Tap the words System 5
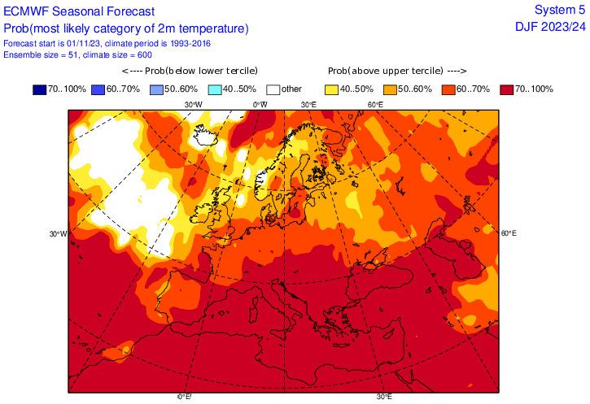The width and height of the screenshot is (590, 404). click(x=559, y=10)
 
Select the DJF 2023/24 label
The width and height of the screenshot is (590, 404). click(x=550, y=28)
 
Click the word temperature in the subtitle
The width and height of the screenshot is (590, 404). click(x=210, y=28)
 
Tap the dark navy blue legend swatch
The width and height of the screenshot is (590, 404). click(x=40, y=89)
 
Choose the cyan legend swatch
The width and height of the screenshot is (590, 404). click(x=216, y=89)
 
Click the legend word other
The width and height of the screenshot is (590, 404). click(x=291, y=89)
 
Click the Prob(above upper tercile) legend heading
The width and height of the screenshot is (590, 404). click(x=397, y=72)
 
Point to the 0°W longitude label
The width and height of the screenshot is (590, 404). click(x=260, y=104)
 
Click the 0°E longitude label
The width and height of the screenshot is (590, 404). click(x=185, y=396)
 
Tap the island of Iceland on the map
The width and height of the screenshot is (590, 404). click(x=211, y=134)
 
